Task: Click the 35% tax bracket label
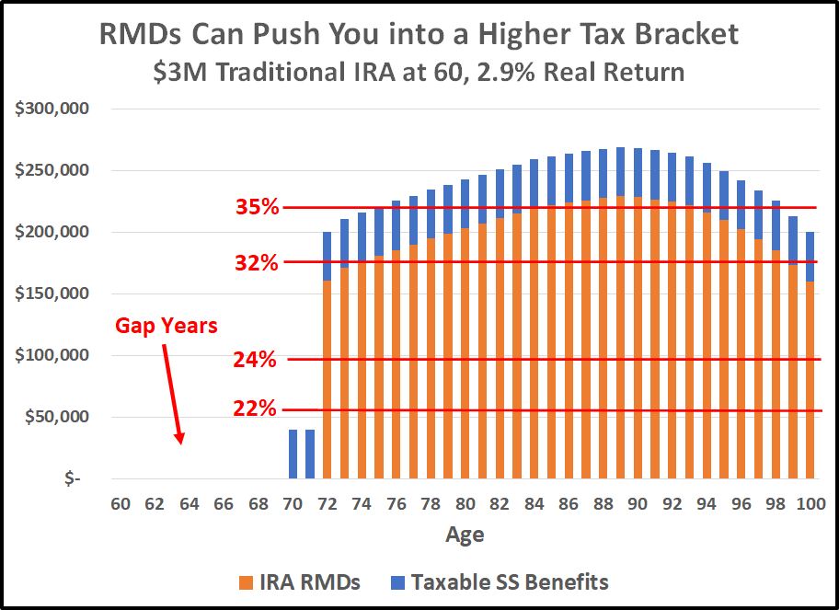pyautogui.click(x=257, y=207)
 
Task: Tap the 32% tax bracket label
pyautogui.click(x=257, y=262)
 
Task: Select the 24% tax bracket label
pyautogui.click(x=257, y=360)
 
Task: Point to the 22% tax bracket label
pyautogui.click(x=257, y=409)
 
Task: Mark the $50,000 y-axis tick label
pyautogui.click(x=57, y=417)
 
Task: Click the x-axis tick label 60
pyautogui.click(x=119, y=503)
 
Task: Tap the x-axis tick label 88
pyautogui.click(x=603, y=503)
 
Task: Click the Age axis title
pyautogui.click(x=465, y=535)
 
